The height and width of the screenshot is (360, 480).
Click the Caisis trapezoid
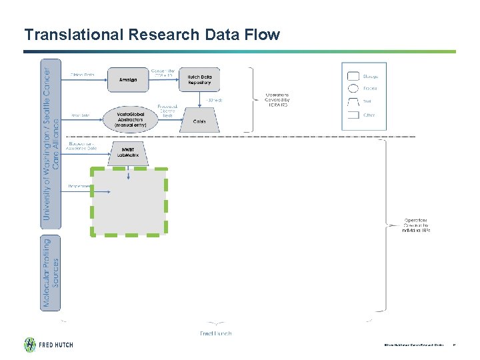point(199,121)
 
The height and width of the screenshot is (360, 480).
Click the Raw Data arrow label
point(80,115)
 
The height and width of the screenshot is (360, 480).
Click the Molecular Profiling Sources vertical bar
point(51,272)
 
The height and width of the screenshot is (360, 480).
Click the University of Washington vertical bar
point(51,142)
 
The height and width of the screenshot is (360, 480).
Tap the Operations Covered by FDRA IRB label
point(277,99)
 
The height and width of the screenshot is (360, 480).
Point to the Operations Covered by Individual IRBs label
point(417,225)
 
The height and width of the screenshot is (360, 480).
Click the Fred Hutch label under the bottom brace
point(216,333)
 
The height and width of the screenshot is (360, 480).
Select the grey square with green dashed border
point(129,201)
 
